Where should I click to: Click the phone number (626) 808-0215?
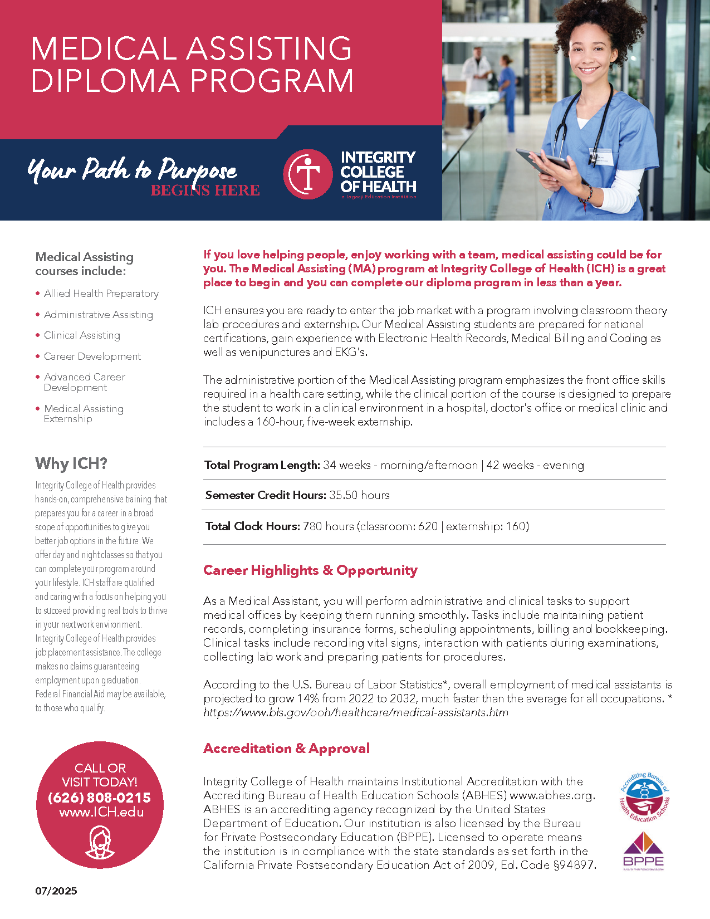click(99, 798)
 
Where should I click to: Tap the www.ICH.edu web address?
click(101, 812)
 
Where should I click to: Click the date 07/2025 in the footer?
click(56, 891)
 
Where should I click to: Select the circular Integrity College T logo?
click(308, 174)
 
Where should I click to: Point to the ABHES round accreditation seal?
click(644, 798)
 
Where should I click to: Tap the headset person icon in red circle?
click(100, 842)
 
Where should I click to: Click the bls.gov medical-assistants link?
click(356, 712)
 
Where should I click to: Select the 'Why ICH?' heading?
click(71, 463)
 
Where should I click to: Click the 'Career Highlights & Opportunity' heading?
click(310, 570)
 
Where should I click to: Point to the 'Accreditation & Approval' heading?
click(286, 748)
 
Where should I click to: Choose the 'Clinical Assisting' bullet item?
click(82, 335)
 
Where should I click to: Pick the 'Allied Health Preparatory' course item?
click(101, 294)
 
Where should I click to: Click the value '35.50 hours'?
click(359, 495)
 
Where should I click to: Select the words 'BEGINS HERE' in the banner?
click(205, 190)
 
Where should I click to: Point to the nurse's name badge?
click(601, 159)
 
